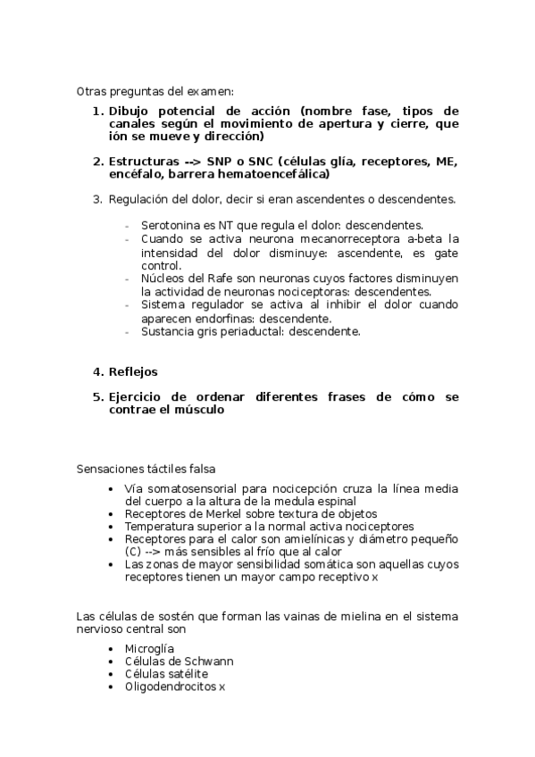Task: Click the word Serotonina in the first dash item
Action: tap(169, 226)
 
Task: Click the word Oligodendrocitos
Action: tap(171, 686)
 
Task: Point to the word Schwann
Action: tap(207, 661)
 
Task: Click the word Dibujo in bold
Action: tap(132, 111)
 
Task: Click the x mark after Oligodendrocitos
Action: tap(222, 686)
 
